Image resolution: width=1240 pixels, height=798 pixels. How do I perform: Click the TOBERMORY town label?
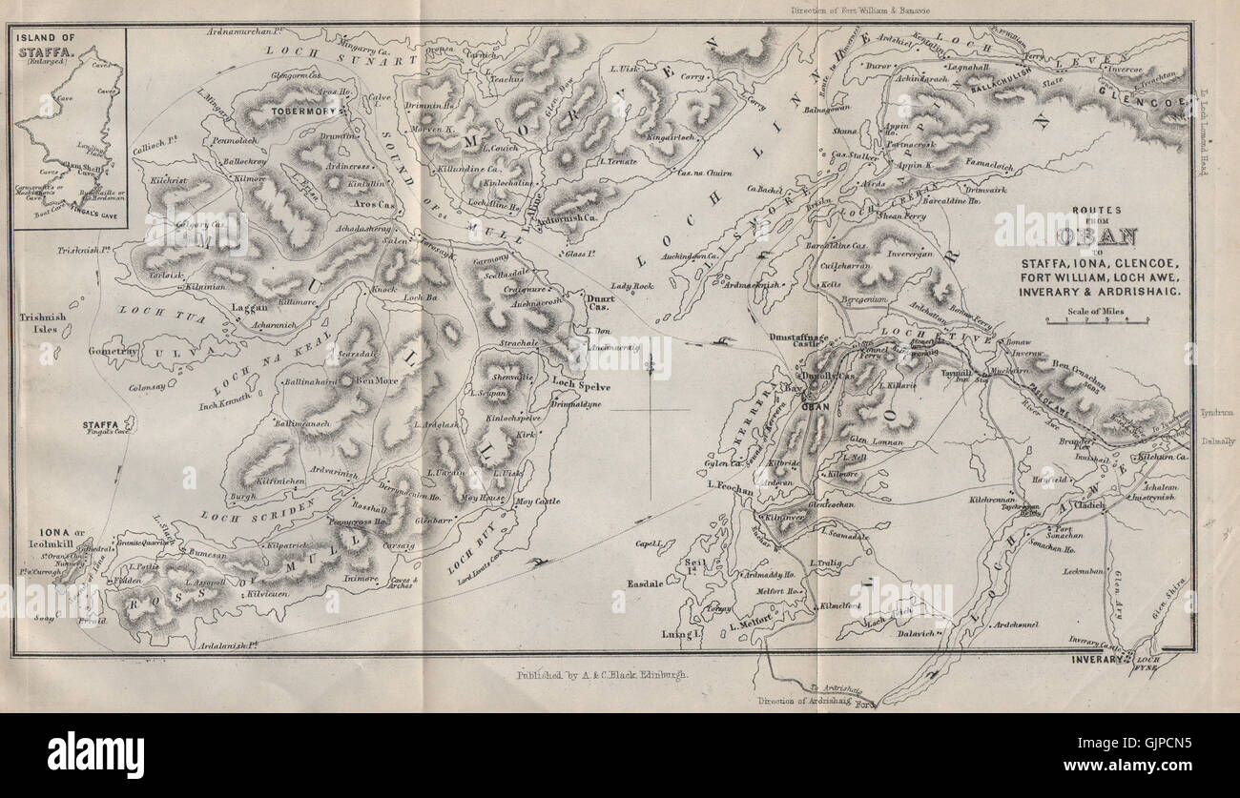click(x=301, y=109)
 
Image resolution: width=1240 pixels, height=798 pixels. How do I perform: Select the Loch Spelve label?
click(x=608, y=386)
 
